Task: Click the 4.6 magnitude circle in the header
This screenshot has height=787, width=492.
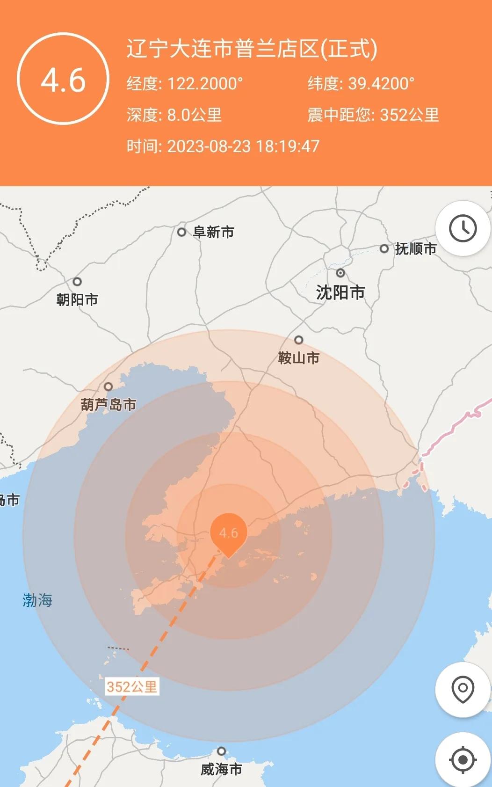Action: (63, 79)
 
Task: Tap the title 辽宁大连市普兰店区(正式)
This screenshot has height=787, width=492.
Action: (252, 49)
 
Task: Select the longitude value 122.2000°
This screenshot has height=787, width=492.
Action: (205, 84)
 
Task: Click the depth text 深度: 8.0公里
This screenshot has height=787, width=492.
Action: (174, 115)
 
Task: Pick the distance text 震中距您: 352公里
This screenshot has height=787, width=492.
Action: (373, 115)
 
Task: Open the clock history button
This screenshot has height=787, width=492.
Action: (463, 228)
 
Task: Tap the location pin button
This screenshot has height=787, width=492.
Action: (463, 689)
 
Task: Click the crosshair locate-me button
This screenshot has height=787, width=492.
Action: (463, 759)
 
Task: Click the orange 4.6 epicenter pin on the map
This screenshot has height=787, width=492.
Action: (228, 533)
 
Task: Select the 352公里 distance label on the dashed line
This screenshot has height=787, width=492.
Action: (131, 686)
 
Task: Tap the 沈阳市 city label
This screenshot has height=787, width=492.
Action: (340, 292)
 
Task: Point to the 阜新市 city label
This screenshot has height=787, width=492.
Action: (213, 232)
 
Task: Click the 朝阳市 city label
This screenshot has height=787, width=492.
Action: (77, 299)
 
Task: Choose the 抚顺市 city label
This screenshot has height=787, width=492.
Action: (415, 248)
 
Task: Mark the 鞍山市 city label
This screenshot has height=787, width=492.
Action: (299, 358)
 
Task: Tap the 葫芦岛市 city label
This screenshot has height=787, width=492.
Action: (109, 404)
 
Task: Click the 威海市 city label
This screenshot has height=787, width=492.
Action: (221, 769)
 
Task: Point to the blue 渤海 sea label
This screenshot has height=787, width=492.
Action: (37, 600)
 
